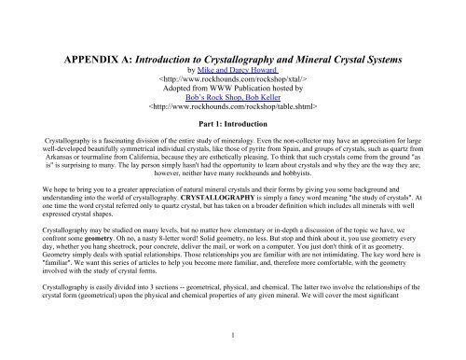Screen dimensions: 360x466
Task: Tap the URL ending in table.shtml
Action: click(x=233, y=115)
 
